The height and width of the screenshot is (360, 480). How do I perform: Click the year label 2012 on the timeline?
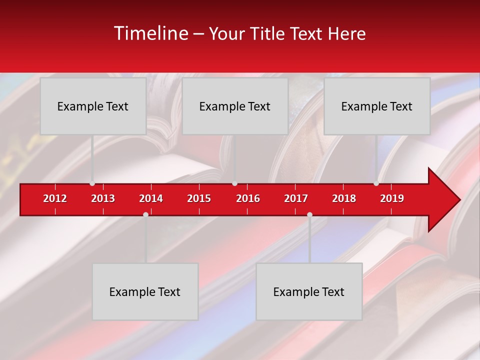(x=55, y=198)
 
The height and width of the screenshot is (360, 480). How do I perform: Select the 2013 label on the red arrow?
(x=103, y=198)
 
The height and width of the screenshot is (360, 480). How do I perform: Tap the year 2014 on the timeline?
(x=151, y=198)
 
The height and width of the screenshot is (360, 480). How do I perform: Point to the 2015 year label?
(x=199, y=198)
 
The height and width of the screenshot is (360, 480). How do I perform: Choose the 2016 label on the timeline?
(x=248, y=198)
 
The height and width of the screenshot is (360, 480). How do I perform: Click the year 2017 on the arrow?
(x=296, y=198)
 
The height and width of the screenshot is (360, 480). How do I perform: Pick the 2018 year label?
(x=344, y=198)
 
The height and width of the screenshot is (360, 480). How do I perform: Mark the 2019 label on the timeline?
(x=392, y=198)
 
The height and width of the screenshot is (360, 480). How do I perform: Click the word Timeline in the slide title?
(x=150, y=33)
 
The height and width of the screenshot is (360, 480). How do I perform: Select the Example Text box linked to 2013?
(x=93, y=106)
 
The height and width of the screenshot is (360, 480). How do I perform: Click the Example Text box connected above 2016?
(x=235, y=106)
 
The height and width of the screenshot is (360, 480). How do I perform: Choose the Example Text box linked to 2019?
(x=377, y=106)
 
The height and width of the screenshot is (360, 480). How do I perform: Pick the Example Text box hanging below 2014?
(x=145, y=291)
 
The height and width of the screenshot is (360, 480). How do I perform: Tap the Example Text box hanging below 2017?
(x=309, y=291)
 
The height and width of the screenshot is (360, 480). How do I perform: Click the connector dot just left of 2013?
(x=92, y=183)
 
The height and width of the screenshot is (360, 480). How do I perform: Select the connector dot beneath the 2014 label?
(x=145, y=214)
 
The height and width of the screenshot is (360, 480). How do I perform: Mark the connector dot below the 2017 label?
(x=309, y=214)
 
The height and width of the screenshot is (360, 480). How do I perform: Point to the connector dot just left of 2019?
(x=376, y=183)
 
